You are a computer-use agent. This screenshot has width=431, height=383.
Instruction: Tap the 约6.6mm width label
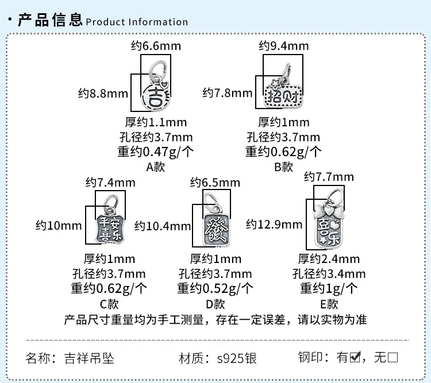tap(156, 46)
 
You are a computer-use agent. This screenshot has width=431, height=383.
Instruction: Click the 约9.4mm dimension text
tap(284, 46)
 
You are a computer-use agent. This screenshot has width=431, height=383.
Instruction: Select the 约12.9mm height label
tap(274, 225)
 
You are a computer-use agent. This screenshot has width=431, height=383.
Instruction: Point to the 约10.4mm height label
tap(163, 226)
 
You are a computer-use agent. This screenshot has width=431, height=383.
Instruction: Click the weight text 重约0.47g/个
tap(156, 152)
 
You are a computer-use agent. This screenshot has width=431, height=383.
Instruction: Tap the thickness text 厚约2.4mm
tap(329, 259)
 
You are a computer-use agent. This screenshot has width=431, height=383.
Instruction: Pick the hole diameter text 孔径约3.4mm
tap(329, 274)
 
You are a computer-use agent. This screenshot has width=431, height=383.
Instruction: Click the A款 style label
tap(156, 167)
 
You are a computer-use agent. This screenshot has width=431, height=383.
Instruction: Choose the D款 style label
tap(215, 304)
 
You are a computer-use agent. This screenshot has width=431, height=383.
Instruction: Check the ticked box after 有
tap(355, 357)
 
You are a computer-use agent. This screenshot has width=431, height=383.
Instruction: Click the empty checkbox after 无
tap(392, 358)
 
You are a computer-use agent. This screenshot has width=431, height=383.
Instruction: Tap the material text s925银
tap(237, 358)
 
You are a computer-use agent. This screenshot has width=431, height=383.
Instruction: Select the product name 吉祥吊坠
tap(89, 358)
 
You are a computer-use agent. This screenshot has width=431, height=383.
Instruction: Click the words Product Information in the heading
tap(137, 22)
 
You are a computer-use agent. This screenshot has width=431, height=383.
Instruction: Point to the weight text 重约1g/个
tap(329, 288)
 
